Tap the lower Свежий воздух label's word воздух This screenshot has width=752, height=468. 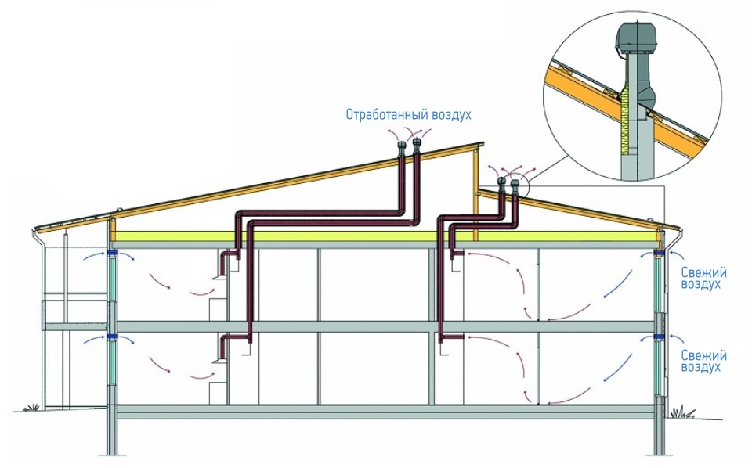[701, 367]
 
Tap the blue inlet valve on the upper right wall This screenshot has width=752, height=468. [660, 253]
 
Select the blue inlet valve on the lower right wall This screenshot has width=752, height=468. [660, 338]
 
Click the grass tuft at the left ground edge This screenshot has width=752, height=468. [32, 407]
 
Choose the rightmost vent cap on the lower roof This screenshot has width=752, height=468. [515, 185]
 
